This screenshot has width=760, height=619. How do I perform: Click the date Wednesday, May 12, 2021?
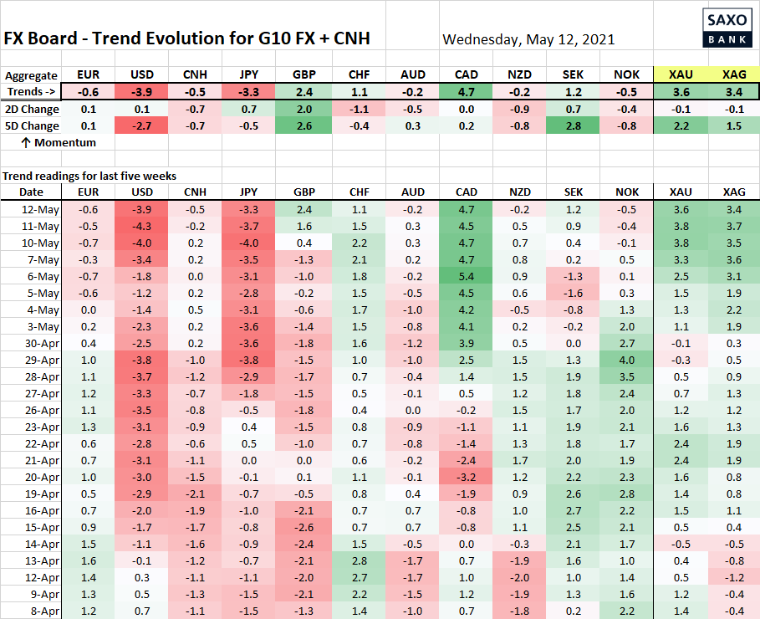pos(528,39)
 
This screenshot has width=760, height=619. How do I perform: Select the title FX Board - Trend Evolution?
pos(187,38)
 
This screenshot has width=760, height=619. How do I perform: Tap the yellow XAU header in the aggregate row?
pos(680,75)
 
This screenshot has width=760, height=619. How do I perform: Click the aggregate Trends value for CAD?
pos(467,92)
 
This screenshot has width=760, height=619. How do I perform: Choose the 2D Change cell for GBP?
pos(304,109)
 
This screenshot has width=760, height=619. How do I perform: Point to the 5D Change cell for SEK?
pos(573,125)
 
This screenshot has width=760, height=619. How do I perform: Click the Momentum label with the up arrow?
pos(58,142)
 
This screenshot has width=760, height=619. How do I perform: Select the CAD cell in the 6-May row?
pos(467,276)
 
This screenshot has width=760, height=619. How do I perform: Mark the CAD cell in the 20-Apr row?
pos(467,477)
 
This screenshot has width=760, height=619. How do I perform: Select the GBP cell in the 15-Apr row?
pos(304,527)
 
